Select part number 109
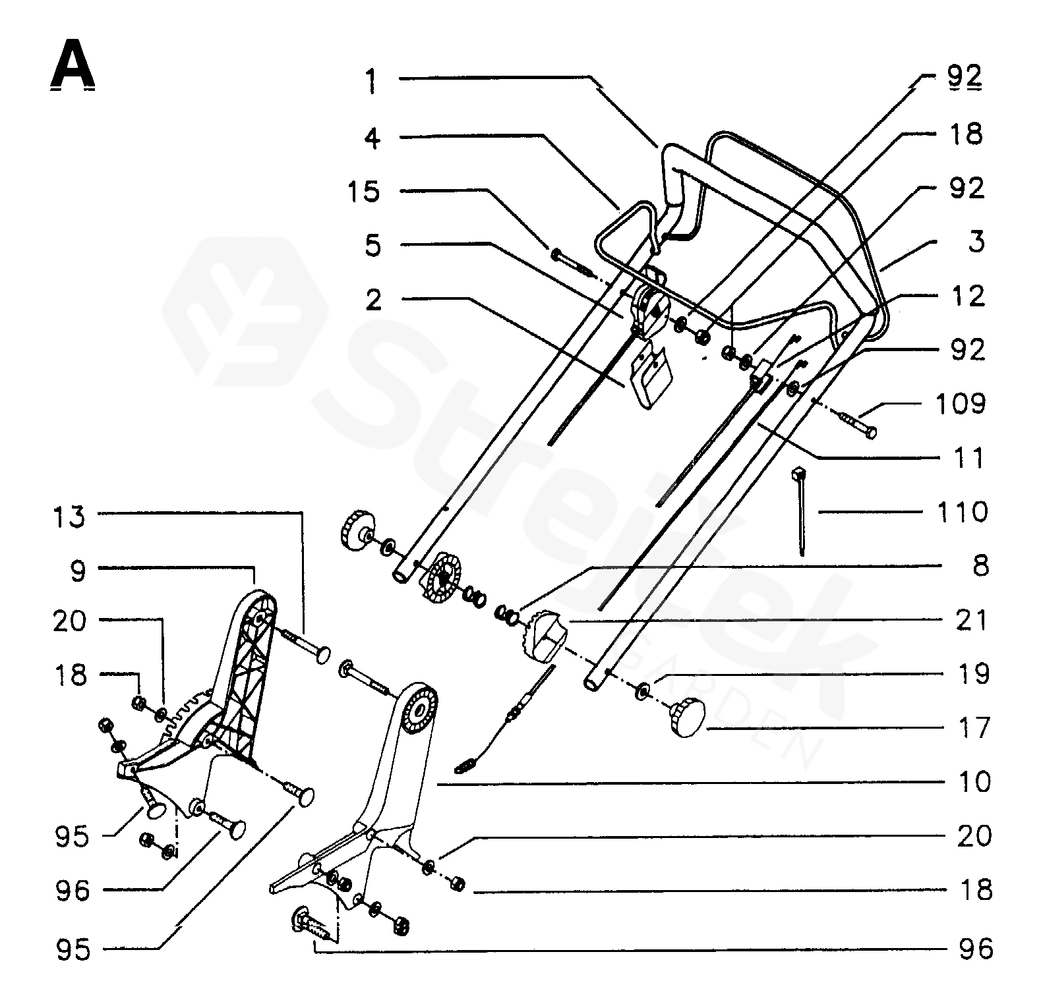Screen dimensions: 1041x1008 coord(960,403)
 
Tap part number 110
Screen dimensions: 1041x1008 coord(961,512)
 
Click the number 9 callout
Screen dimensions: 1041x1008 coord(78,571)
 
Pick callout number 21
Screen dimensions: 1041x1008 coord(972,620)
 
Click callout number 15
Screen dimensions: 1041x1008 coord(364,192)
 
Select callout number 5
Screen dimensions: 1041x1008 coord(372,246)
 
